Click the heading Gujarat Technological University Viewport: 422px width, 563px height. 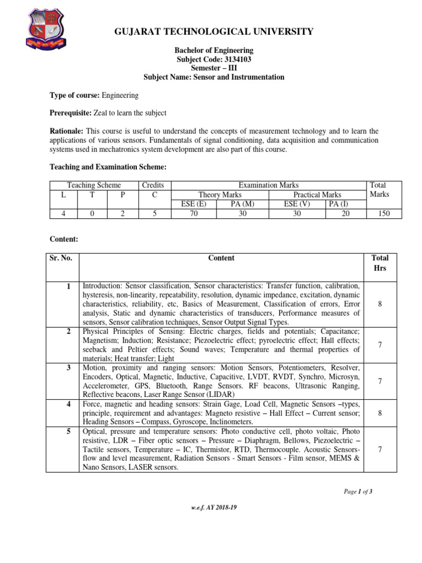coord(214,31)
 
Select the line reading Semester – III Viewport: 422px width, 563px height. coord(214,68)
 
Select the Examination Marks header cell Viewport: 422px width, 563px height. coord(269,186)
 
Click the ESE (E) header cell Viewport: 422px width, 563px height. coord(193,203)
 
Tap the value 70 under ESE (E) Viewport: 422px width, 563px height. coord(193,213)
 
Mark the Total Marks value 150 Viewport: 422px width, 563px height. coord(383,213)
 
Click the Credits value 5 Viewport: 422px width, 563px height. coord(156,213)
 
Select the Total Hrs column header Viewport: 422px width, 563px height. coord(380,262)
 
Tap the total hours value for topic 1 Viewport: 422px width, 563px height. coord(380,303)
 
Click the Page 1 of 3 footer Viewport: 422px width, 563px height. coord(358,491)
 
